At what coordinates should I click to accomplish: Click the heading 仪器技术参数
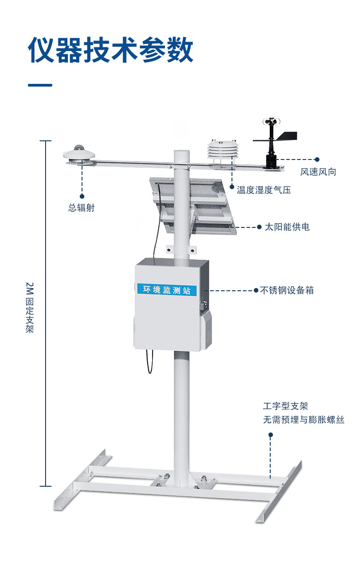tap(111, 50)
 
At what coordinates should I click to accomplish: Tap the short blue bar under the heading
tap(40, 85)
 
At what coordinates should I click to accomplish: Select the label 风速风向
tap(318, 172)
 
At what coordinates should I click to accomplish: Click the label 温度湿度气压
tap(263, 190)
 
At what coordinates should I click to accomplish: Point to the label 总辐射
tap(82, 208)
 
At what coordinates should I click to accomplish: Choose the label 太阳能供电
tap(287, 226)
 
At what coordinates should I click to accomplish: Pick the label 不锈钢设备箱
tap(287, 290)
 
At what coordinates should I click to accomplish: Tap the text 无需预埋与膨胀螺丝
tap(303, 420)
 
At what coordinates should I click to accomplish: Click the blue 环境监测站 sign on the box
tap(167, 289)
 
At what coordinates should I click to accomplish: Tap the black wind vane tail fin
tap(287, 136)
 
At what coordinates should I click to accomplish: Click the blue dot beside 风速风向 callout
tap(317, 160)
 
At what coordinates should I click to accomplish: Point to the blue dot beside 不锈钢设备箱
tap(256, 290)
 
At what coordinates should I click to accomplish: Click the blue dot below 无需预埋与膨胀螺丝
tap(271, 435)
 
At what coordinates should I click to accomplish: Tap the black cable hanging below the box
tap(149, 362)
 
